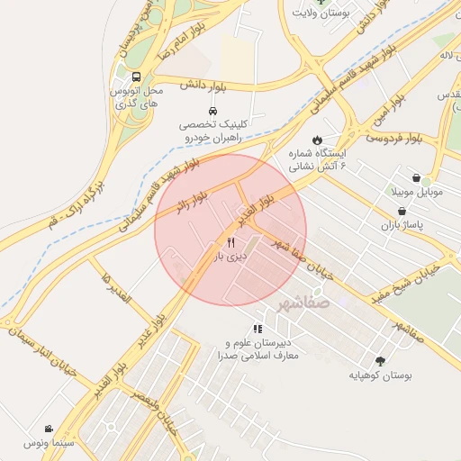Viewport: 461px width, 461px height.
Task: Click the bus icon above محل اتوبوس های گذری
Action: click(136, 77)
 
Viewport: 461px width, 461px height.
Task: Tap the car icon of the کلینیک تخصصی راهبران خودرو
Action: click(211, 110)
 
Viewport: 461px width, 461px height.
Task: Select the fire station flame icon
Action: click(317, 139)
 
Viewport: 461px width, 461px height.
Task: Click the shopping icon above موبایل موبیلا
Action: click(416, 178)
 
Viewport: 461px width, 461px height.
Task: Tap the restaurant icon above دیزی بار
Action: click(230, 242)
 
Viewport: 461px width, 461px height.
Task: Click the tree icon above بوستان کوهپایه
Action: click(379, 360)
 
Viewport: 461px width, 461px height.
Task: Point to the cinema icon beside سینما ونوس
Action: click(48, 429)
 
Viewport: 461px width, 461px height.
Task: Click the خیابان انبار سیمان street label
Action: click(59, 357)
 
